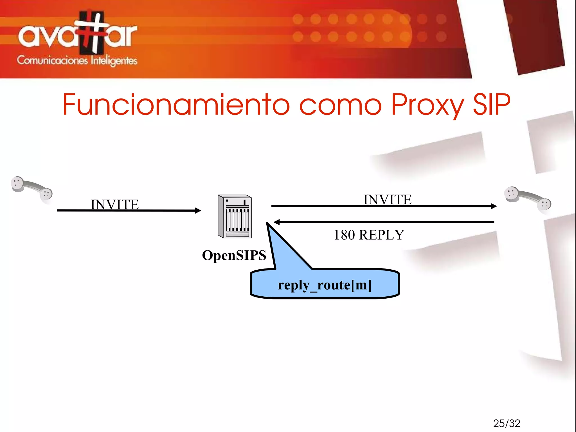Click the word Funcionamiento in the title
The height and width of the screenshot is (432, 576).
click(175, 104)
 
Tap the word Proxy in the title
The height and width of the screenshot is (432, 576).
click(427, 105)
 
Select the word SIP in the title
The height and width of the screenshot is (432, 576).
click(491, 104)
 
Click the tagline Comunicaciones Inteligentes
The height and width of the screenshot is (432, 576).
click(77, 61)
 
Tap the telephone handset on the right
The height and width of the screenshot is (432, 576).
click(528, 198)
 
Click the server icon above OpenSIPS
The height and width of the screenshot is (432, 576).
click(235, 216)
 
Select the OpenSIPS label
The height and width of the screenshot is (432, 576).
click(234, 255)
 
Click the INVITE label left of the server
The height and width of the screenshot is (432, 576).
click(114, 204)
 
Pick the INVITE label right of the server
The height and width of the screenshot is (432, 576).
click(387, 200)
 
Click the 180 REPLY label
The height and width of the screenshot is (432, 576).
click(369, 235)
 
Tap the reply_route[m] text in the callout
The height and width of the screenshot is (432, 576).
click(325, 285)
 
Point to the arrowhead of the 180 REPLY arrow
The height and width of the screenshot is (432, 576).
click(276, 222)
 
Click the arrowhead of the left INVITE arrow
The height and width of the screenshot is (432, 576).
click(199, 211)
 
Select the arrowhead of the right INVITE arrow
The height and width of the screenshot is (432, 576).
click(494, 206)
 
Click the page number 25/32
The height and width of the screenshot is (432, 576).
click(507, 423)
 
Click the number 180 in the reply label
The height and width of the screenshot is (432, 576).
click(344, 235)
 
